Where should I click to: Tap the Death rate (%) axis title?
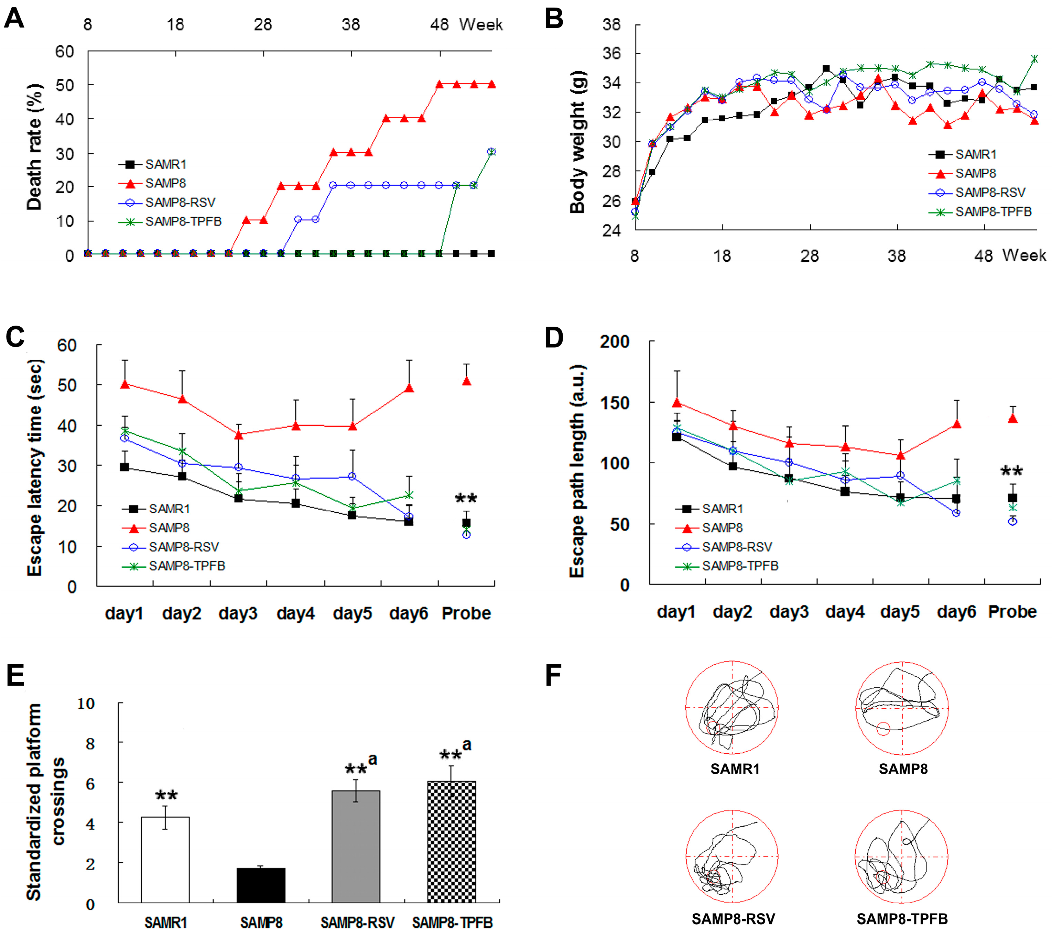(x=34, y=147)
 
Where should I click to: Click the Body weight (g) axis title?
(x=577, y=142)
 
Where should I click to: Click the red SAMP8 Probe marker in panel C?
(x=466, y=381)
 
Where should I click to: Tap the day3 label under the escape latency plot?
(x=238, y=613)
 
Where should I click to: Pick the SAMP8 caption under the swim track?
(x=903, y=769)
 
